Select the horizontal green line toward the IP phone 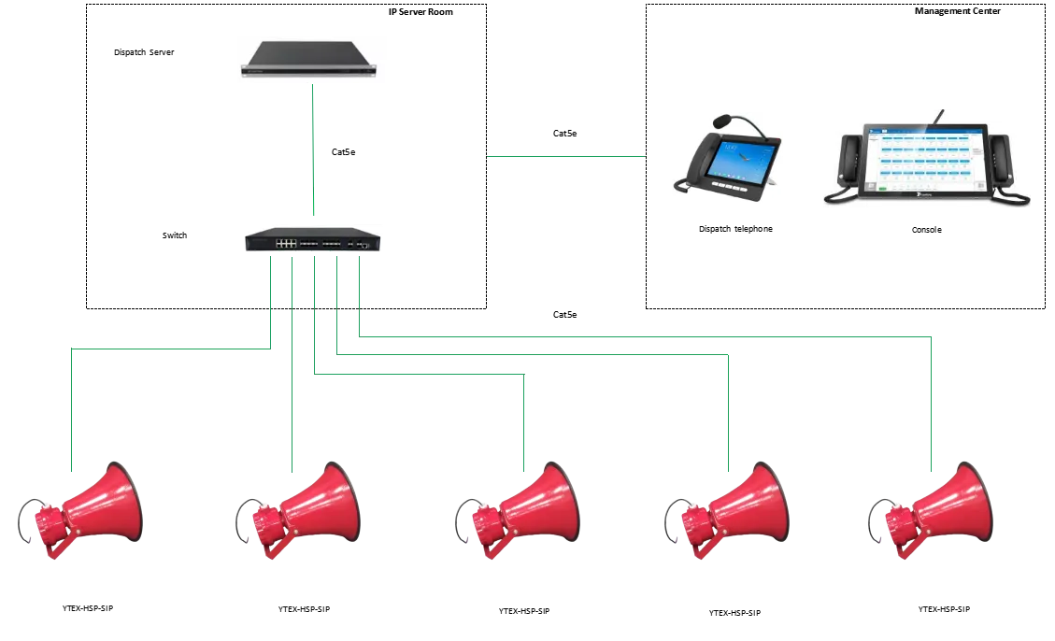[x=567, y=153]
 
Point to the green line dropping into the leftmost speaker [x=69, y=411]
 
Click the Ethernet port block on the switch [x=286, y=242]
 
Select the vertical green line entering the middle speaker [x=528, y=420]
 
